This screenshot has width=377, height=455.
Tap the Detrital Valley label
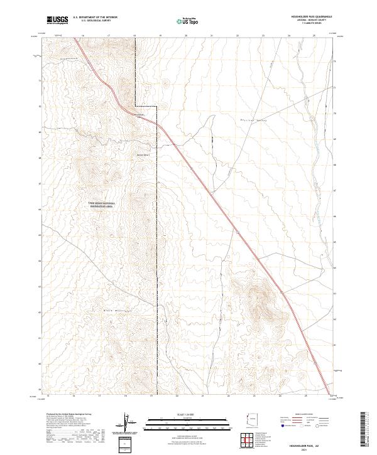tap(254, 118)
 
